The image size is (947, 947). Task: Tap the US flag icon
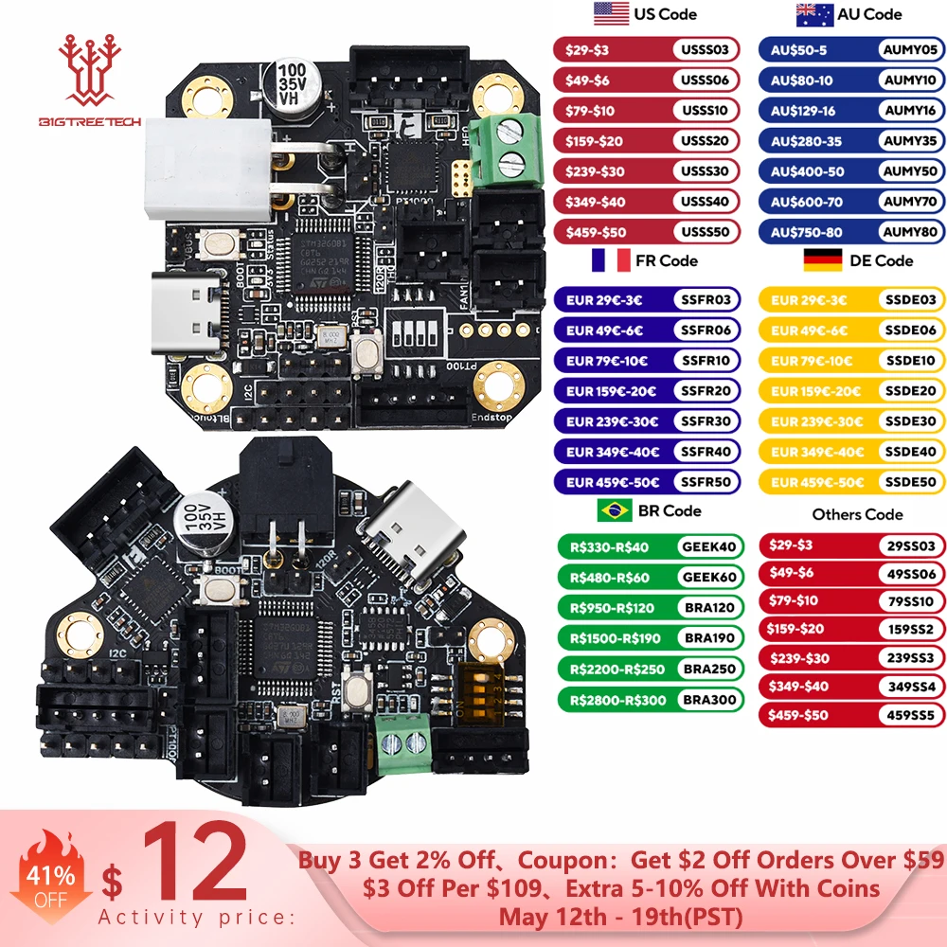click(x=611, y=14)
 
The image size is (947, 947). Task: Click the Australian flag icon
click(x=814, y=14)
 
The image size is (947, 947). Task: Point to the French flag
click(x=611, y=260)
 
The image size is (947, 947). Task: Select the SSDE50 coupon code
click(x=909, y=482)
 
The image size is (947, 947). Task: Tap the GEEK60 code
click(x=708, y=577)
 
